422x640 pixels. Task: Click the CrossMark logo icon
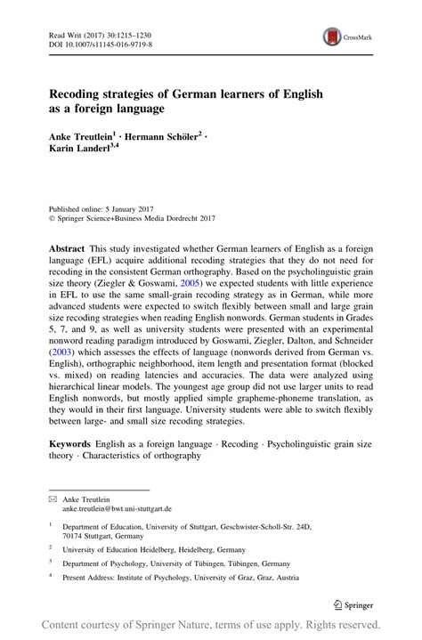(332, 37)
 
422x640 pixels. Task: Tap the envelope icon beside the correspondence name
(52, 501)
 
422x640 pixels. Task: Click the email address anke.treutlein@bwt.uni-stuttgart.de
(129, 510)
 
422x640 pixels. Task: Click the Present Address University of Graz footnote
(178, 577)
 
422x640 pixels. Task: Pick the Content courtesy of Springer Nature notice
(210, 625)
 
